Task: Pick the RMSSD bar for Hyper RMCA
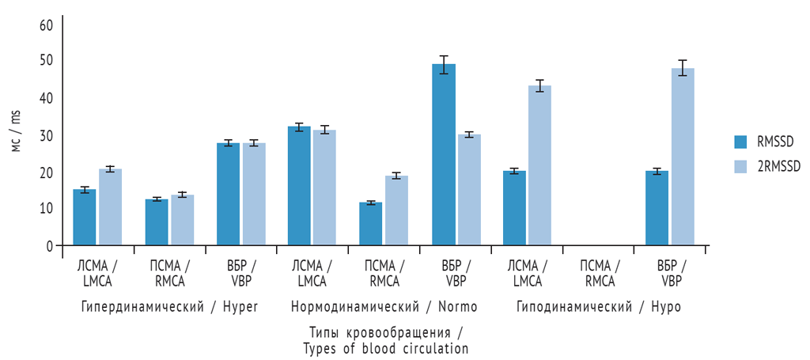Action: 157,222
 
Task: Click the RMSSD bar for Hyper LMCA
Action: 85,218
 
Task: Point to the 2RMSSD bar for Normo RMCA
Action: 396,210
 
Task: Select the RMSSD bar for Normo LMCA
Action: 299,186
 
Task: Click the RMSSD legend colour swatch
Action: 740,142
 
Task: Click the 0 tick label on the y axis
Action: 49,246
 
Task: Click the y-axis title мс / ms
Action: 15,131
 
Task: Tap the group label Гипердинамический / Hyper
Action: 169,306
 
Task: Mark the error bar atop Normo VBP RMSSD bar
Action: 443,64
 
